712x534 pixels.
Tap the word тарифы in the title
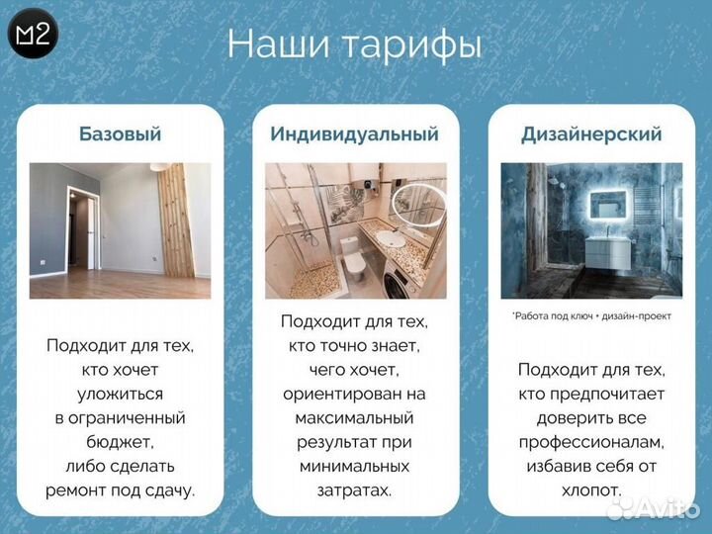pyautogui.click(x=415, y=44)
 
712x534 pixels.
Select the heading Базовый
pyautogui.click(x=120, y=133)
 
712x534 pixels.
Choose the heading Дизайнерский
pyautogui.click(x=591, y=133)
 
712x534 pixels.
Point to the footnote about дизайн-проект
pyautogui.click(x=590, y=316)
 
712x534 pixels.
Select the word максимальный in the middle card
pyautogui.click(x=354, y=417)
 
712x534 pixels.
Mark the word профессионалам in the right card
pyautogui.click(x=591, y=442)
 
